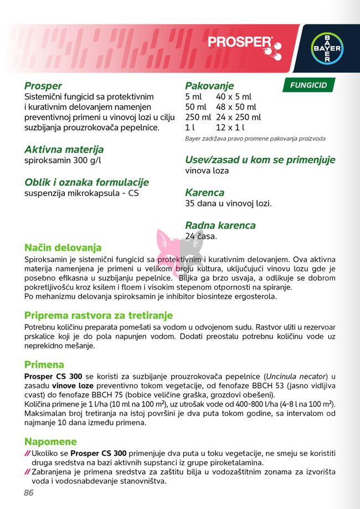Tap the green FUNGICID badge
click(308, 85)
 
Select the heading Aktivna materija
click(64, 150)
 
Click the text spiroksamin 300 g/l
click(63, 161)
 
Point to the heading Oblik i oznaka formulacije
click(86, 182)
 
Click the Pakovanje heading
click(209, 86)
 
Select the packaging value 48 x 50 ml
click(236, 107)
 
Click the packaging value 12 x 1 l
click(230, 128)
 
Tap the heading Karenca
click(204, 193)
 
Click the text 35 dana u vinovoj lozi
click(228, 203)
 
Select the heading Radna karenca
click(220, 225)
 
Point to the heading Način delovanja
click(63, 247)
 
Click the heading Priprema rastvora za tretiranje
click(99, 315)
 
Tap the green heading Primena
click(44, 365)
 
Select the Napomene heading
click(50, 441)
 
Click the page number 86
click(29, 493)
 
